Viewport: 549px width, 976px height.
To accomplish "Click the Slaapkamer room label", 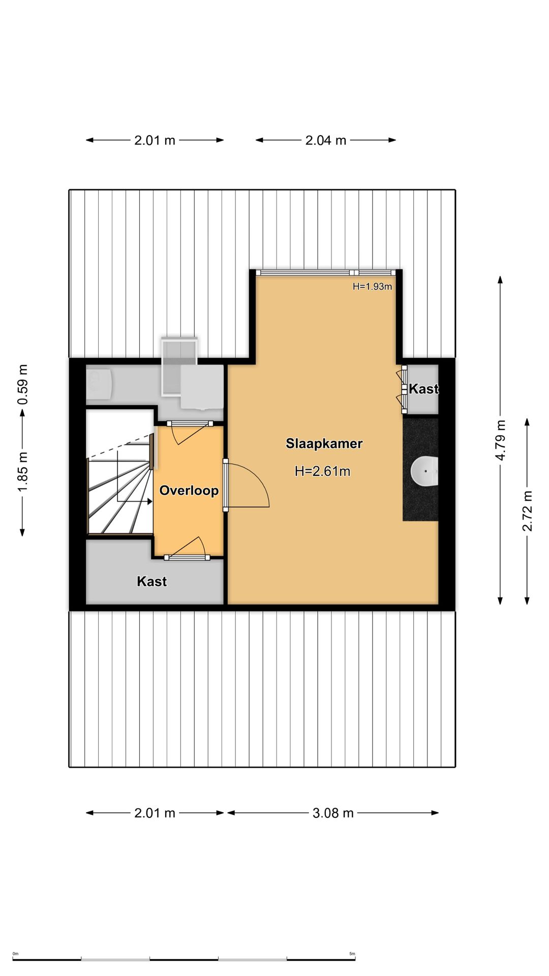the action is point(324,443).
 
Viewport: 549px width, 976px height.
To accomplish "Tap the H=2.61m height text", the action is point(322,471).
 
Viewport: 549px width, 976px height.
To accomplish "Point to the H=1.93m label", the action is point(372,287).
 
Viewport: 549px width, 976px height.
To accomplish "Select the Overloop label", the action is point(189,490).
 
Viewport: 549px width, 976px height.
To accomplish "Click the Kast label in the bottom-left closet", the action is point(151,581).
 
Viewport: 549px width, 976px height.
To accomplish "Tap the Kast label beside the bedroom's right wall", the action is point(423,389).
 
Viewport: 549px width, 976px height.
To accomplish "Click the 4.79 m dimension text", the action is point(500,440).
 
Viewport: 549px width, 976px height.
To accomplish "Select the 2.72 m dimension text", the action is point(527,511).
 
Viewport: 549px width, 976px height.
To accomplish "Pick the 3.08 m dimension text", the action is point(333,813).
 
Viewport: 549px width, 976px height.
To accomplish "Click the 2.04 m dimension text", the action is point(325,140).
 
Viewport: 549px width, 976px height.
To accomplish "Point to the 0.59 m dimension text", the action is point(22,385).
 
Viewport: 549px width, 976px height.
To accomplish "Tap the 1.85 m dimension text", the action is point(22,472).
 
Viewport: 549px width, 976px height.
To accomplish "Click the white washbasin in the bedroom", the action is point(424,471).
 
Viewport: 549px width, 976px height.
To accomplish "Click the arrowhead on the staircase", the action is point(149,501).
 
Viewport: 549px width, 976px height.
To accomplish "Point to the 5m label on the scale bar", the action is point(352,954).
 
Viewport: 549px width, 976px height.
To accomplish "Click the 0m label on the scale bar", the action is point(15,954).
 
